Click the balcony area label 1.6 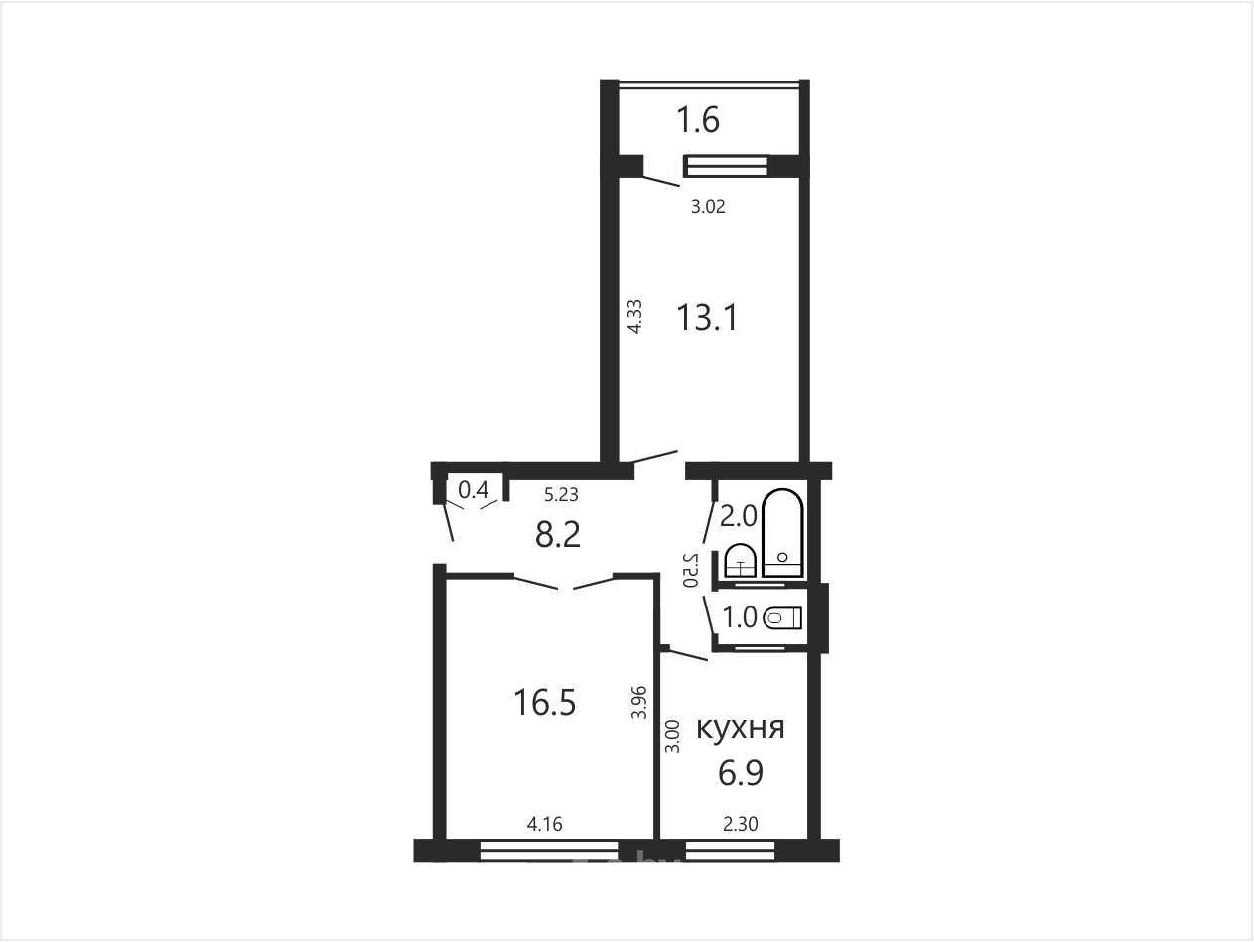pos(698,120)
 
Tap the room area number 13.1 pos(707,317)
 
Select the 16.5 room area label pos(545,702)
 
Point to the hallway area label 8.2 pos(558,535)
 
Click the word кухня pos(741,728)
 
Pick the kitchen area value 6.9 pos(741,773)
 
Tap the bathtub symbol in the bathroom pos(782,533)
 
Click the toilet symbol pos(782,617)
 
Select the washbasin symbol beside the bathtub pos(741,561)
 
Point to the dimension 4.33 pos(635,316)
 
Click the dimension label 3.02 pos(708,206)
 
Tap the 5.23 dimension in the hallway pos(561,495)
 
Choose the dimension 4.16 pos(545,824)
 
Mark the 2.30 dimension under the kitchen pos(741,824)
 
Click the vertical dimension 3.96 pos(639,702)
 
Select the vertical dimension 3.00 pos(673,736)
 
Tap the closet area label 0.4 pos(474,489)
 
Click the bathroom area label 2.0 pos(738,517)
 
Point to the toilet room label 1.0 pos(740,617)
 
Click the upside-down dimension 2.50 pos(691,570)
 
